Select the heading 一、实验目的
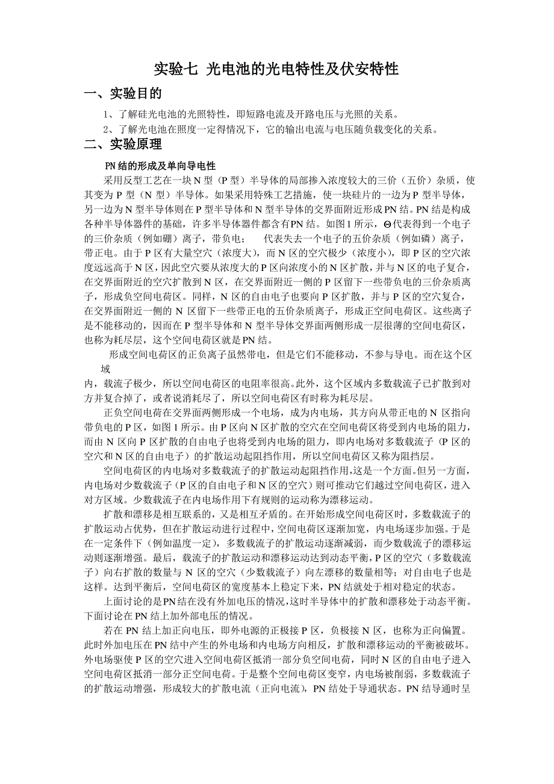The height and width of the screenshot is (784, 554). (123, 95)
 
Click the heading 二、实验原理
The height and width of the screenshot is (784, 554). (123, 145)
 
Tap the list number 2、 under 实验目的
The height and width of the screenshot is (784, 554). (109, 129)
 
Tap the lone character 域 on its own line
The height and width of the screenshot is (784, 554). (106, 370)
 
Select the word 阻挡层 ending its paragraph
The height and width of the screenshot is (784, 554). (413, 455)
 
